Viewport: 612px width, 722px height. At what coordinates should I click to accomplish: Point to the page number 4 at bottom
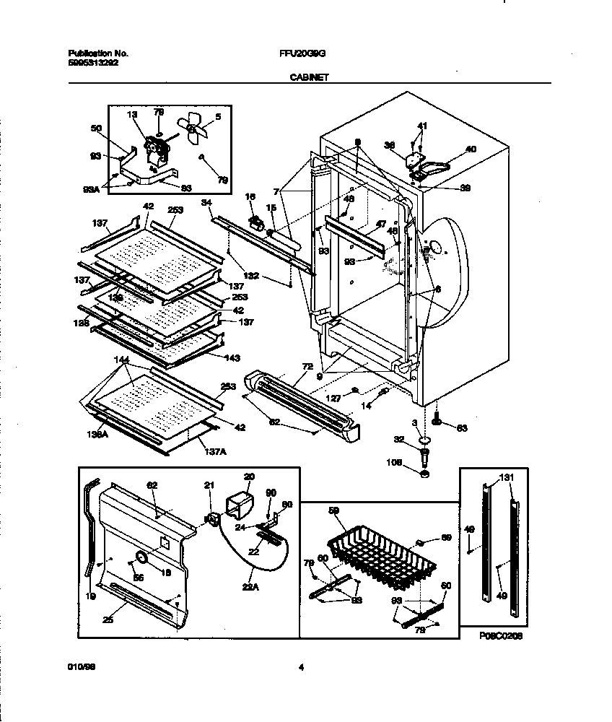301,668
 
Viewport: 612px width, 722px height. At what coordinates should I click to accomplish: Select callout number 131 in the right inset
507,477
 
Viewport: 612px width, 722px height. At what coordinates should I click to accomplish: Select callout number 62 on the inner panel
152,486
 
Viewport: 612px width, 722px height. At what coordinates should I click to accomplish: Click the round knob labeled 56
141,559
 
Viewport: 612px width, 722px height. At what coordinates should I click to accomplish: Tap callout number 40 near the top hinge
471,149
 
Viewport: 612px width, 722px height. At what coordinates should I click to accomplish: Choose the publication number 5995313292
93,62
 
